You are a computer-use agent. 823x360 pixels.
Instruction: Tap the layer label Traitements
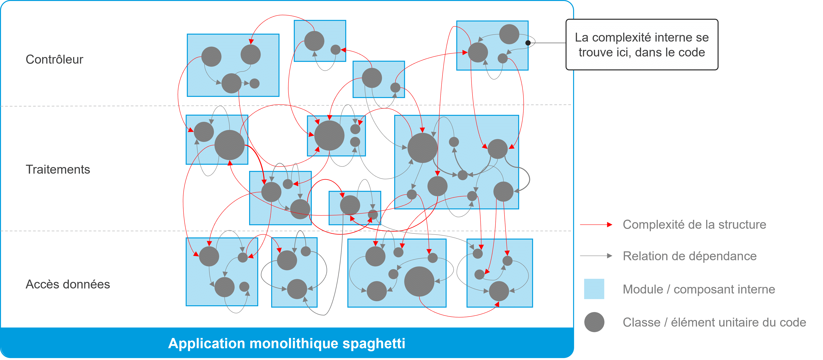pos(58,170)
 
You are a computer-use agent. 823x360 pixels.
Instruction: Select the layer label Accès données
pos(68,284)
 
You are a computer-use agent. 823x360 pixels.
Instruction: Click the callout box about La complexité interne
pos(642,45)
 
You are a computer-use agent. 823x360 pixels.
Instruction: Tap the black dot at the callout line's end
pos(528,43)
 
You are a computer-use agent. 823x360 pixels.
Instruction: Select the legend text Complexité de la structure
pos(694,224)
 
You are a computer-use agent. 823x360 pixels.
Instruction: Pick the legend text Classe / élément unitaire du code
pos(714,322)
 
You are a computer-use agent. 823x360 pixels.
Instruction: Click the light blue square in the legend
pos(594,289)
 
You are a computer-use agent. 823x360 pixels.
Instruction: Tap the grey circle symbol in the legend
pos(594,322)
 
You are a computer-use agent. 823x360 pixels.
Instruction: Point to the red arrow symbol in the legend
pos(596,224)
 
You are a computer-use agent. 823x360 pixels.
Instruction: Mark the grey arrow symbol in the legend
pos(596,256)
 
